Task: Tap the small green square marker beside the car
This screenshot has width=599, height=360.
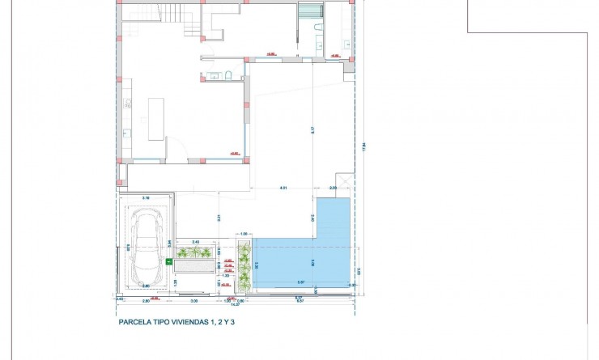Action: click(x=168, y=261)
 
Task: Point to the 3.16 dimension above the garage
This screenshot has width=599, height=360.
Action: click(x=146, y=197)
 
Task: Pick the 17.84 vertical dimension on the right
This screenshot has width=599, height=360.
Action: click(x=365, y=146)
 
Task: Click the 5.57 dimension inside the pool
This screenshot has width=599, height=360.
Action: click(x=300, y=282)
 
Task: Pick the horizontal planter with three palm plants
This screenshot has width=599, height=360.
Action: click(x=194, y=253)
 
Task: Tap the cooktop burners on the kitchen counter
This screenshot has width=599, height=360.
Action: click(x=127, y=103)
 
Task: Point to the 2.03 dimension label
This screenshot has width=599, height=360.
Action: click(x=334, y=188)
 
